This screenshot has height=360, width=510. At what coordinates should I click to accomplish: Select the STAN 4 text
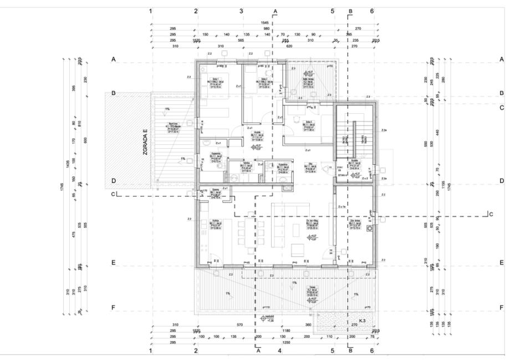pyautogui.click(x=343, y=175)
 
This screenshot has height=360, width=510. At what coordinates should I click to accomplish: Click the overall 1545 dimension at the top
pyautogui.click(x=264, y=22)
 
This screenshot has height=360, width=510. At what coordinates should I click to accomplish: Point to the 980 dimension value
pyautogui.click(x=266, y=28)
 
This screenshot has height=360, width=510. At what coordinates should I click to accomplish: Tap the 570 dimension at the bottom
pyautogui.click(x=240, y=324)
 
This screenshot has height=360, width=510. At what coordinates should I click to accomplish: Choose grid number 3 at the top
pyautogui.click(x=241, y=11)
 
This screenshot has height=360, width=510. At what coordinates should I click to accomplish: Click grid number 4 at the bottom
pyautogui.click(x=280, y=351)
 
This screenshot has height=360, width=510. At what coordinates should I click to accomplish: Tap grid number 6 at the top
pyautogui.click(x=372, y=11)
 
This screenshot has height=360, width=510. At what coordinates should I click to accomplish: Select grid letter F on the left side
pyautogui.click(x=113, y=307)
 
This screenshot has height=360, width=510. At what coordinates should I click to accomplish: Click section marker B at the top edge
pyautogui.click(x=350, y=11)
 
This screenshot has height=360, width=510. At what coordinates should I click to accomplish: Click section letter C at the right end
pyautogui.click(x=491, y=214)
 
